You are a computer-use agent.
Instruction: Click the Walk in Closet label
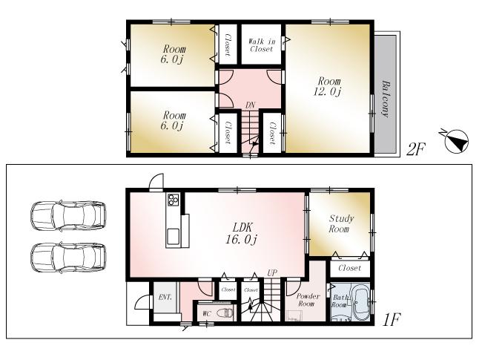pos(263,45)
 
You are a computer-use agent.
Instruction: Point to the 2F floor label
pos(416,148)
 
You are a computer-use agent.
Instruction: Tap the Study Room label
pos(340,225)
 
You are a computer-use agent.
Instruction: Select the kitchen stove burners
pos(174,200)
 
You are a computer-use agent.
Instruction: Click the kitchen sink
pos(174,236)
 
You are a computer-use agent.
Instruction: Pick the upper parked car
pos(65,216)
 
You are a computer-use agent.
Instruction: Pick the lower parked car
pos(65,260)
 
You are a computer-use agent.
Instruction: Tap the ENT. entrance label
pos(165,298)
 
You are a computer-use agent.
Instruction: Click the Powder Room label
pos(307,301)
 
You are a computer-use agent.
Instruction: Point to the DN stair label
pos(251,106)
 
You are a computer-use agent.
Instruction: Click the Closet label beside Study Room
pos(349,268)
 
